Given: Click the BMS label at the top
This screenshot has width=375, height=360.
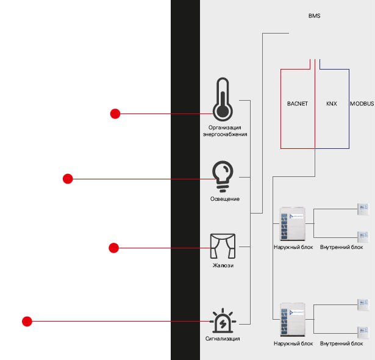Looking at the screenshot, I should (x=314, y=16).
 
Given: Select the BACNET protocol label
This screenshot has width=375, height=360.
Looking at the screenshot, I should (x=298, y=104).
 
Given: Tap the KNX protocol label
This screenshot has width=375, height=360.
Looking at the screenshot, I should (x=332, y=104).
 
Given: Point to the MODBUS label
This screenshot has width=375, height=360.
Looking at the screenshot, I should (x=362, y=104).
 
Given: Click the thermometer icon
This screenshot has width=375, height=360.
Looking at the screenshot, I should (x=222, y=99).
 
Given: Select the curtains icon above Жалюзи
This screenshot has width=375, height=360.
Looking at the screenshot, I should (x=222, y=246).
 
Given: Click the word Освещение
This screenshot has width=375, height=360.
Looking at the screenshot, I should (x=225, y=199).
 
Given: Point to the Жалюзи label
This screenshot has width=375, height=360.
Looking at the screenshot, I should (x=223, y=265).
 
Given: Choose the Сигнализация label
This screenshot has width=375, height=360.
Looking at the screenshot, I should (x=223, y=338).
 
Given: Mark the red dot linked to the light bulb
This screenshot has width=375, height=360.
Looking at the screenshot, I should (x=68, y=179).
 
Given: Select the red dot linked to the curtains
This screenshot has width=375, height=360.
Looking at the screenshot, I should (x=113, y=247).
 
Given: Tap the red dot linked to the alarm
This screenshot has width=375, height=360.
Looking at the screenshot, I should (x=26, y=321).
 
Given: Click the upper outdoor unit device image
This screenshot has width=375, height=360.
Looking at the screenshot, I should (x=290, y=225).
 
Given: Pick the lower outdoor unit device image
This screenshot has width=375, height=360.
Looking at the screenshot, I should (x=290, y=320).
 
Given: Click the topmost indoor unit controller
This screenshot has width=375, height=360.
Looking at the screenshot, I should (x=363, y=208).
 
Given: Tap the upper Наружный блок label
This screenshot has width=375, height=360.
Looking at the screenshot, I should (x=293, y=247).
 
